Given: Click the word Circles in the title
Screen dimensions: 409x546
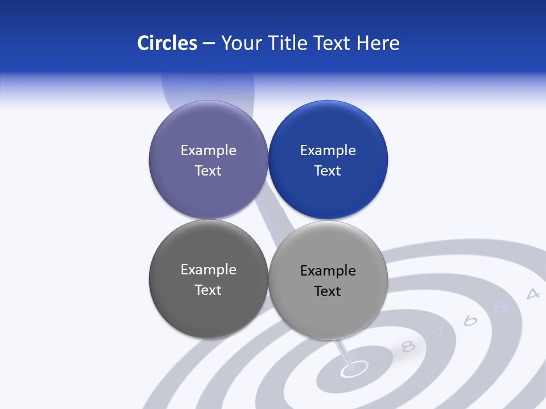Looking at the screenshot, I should tap(167, 43).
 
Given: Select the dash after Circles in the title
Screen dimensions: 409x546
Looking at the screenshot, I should tap(209, 44).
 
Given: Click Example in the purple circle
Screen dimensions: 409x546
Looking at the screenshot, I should tap(208, 151).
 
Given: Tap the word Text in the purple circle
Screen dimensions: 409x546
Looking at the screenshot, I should tap(208, 171).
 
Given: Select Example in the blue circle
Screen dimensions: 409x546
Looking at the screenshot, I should tap(328, 151).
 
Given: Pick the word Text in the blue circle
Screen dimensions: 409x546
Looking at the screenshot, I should tap(328, 171).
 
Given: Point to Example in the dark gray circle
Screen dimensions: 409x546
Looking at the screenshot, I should tap(208, 270).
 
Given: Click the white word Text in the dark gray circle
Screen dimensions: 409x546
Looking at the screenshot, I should tap(208, 290).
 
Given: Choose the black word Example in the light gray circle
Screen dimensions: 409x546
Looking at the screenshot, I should tap(328, 271).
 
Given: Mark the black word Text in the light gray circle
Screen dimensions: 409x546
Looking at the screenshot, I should tap(328, 291).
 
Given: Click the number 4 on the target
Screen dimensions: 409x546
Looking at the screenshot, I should tap(532, 294).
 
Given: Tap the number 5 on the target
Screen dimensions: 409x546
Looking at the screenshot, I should tap(501, 307).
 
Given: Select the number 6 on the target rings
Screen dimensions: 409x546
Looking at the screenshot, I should tap(470, 321).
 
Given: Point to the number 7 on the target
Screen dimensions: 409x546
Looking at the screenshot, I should tap(439, 334).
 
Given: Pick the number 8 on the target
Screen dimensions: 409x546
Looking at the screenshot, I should tap(408, 347).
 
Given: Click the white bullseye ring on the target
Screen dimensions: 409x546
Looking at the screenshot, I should tap(353, 370).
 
